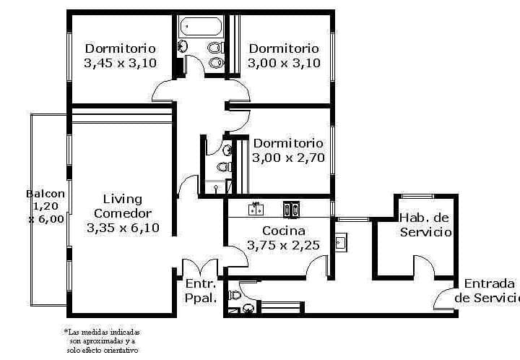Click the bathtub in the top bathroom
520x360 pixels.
200,27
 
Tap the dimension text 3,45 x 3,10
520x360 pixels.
120,63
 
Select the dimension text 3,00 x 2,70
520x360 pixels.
288,158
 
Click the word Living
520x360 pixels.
123,200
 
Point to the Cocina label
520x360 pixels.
284,231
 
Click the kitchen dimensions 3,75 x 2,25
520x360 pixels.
283,245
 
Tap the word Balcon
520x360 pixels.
45,194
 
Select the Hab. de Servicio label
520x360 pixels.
425,225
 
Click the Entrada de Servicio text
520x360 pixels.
487,291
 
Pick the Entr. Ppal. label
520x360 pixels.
201,291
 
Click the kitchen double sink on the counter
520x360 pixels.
256,209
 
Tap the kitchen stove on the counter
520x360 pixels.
291,210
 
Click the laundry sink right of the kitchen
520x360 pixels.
341,243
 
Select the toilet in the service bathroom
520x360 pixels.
235,295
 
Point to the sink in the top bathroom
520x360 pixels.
183,46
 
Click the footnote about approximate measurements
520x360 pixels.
102,340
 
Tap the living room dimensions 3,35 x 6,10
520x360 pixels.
123,228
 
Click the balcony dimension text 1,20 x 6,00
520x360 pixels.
46,213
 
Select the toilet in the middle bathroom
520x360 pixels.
225,166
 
